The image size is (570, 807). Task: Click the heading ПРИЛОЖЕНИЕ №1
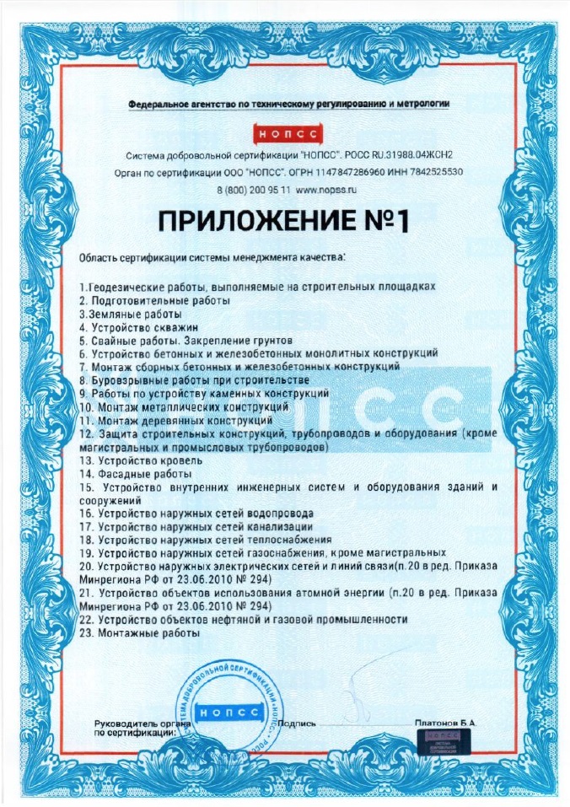coord(284,221)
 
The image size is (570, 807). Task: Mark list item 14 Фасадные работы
coord(133,474)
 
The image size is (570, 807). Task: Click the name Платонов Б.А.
coord(445,724)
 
